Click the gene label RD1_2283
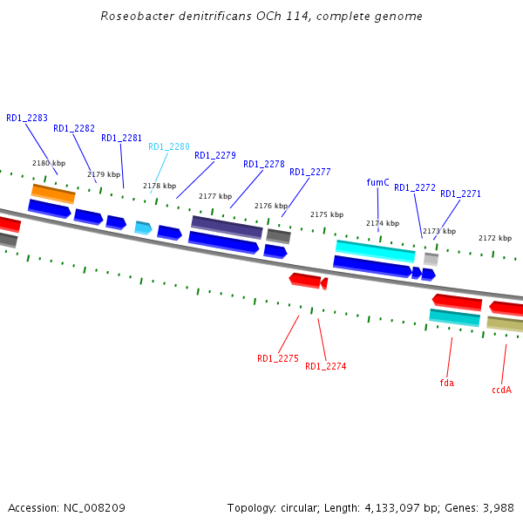pos(27,118)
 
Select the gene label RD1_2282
pos(74,128)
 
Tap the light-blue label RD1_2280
pos(169,146)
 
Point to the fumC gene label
pos(377,182)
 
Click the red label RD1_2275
pos(278,358)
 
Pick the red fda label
pos(447,383)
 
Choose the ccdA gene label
pos(501,390)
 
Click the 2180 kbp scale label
pos(49,163)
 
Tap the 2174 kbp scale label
pos(383,223)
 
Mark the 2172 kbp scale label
pos(495,238)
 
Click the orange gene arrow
pos(53,193)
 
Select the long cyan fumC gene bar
pos(376,251)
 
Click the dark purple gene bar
pos(227,227)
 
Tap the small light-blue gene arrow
pos(143,228)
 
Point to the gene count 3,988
pos(497,507)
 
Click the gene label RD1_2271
pos(460,194)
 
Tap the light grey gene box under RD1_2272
pos(431,259)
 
